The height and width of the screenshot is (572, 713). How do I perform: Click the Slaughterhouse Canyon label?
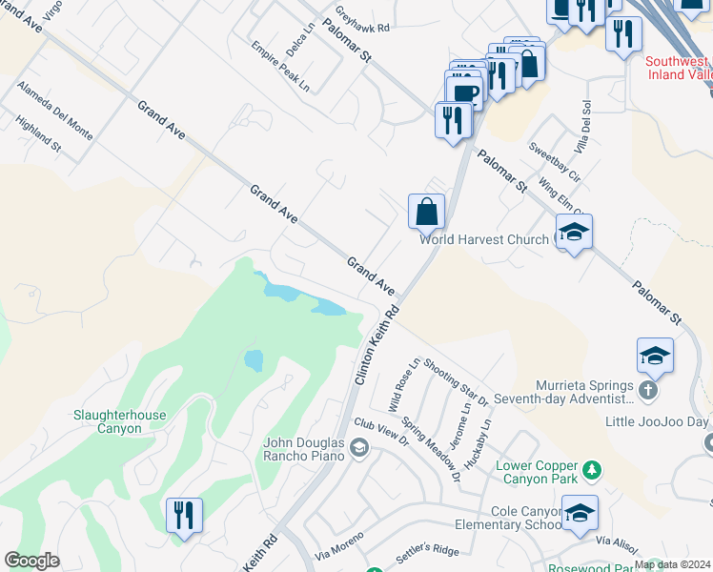(x=120, y=421)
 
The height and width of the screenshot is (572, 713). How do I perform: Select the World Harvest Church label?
(x=484, y=239)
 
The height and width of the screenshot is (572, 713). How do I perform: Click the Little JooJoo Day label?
(x=656, y=421)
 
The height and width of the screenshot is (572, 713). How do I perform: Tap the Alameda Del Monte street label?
(x=55, y=112)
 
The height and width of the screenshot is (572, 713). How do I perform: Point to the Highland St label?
(x=38, y=135)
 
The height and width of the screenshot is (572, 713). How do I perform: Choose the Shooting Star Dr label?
(x=456, y=381)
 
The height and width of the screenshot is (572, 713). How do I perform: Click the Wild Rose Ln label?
(x=403, y=385)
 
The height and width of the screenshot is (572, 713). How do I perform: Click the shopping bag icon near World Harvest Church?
(x=427, y=211)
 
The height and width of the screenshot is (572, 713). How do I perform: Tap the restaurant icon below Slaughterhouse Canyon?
(x=183, y=515)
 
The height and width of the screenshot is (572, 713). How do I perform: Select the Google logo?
(x=31, y=561)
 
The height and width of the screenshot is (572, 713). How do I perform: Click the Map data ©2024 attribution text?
(x=672, y=564)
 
